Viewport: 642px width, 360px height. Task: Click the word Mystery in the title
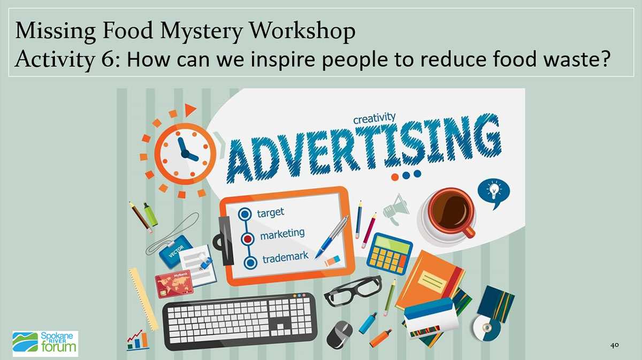pyautogui.click(x=202, y=31)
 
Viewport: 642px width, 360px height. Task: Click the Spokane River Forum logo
pyautogui.click(x=45, y=343)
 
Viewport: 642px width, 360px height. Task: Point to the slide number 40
pyautogui.click(x=614, y=345)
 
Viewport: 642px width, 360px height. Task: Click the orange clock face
pyautogui.click(x=185, y=154)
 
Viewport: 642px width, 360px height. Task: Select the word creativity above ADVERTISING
pyautogui.click(x=374, y=118)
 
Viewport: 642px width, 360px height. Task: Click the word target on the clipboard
pyautogui.click(x=270, y=213)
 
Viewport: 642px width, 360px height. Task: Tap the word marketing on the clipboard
pyautogui.click(x=282, y=234)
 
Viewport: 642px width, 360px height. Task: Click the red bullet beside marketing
pyautogui.click(x=248, y=239)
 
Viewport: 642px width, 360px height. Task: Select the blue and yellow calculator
pyautogui.click(x=389, y=254)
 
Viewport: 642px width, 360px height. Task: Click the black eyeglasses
pyautogui.click(x=353, y=290)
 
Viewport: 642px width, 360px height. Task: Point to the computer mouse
pyautogui.click(x=340, y=334)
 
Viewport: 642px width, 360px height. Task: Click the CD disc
pyautogui.click(x=487, y=327)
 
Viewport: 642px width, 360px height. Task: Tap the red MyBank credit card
pyautogui.click(x=174, y=284)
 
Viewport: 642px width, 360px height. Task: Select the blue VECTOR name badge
pyautogui.click(x=175, y=251)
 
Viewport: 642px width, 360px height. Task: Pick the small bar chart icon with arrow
pyautogui.click(x=137, y=340)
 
